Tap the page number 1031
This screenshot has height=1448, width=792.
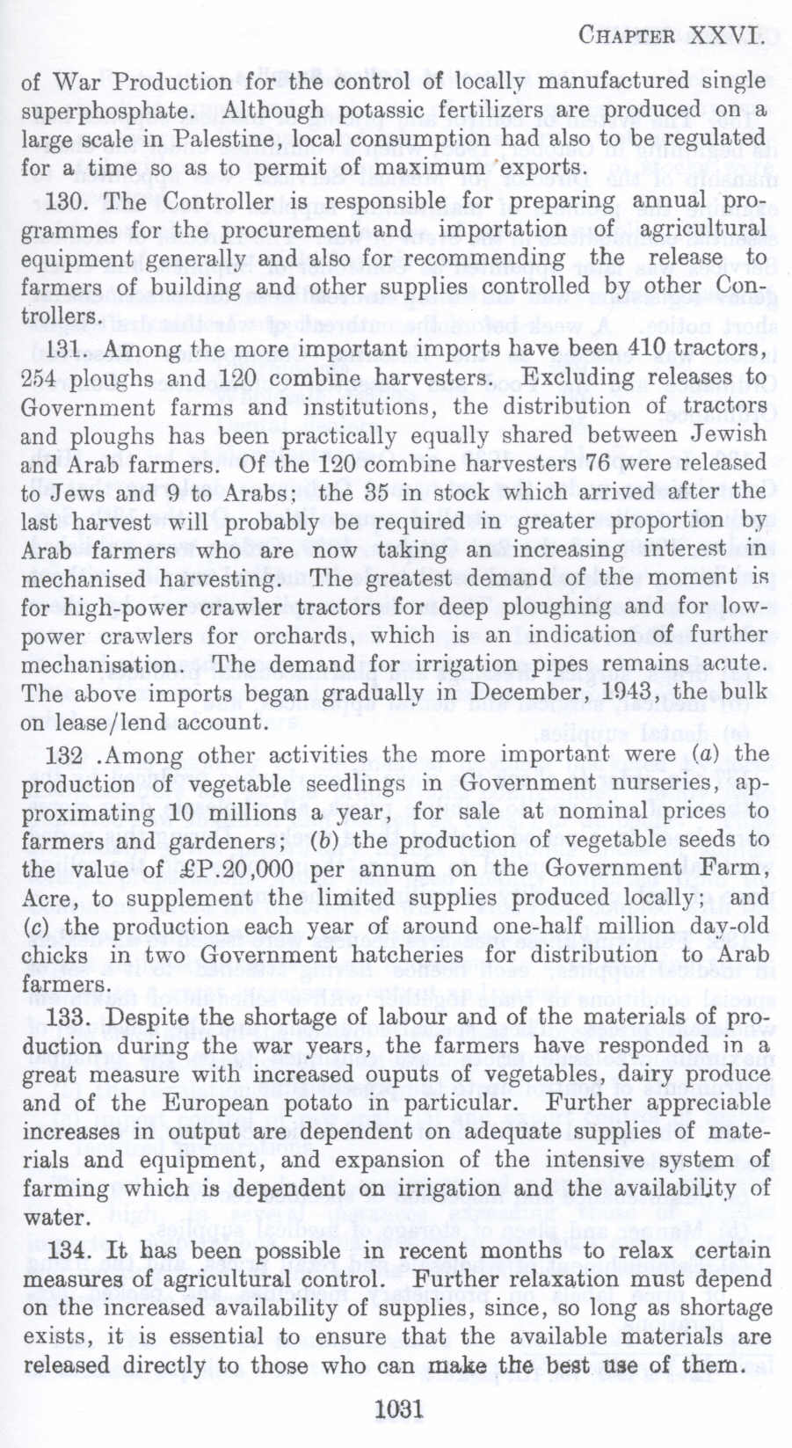point(398,1408)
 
